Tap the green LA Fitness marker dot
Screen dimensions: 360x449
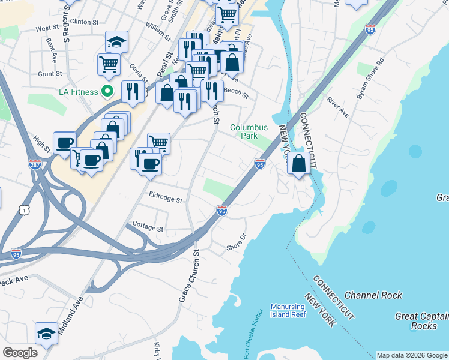[107, 92]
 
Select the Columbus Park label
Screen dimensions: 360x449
[249, 131]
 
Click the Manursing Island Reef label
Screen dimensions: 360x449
[288, 310]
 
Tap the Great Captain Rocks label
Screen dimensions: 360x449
[420, 321]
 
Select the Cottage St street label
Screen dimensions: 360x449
[148, 229]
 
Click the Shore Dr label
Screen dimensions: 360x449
[237, 243]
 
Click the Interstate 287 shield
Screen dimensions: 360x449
[34, 163]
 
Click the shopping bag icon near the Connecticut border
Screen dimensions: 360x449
[298, 163]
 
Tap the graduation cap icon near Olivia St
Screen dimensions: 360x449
[116, 42]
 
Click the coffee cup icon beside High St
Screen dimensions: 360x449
[65, 143]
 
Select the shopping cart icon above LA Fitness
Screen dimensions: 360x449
[109, 64]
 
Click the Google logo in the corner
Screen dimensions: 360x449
[20, 353]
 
